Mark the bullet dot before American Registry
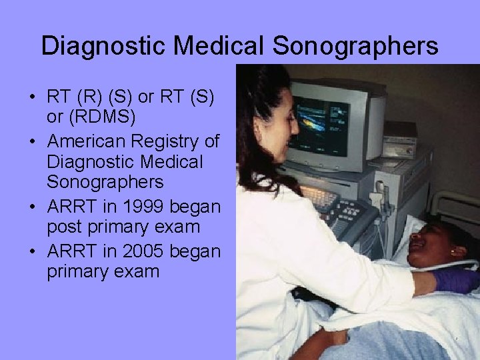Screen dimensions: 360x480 32,141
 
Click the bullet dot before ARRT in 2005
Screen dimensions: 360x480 32,251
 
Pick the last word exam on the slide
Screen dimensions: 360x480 137,272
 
